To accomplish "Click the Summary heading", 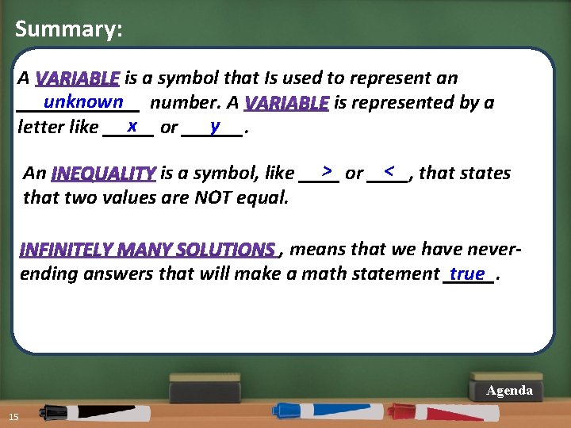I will pos(69,30).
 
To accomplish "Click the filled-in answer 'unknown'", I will pos(83,101).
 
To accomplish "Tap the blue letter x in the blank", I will pos(133,125).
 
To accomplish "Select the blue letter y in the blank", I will pos(215,125).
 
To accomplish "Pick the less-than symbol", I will pos(389,170).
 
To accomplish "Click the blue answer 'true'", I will pos(467,273).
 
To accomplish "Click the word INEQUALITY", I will pos(103,174).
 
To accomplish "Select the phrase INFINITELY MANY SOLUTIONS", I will pos(148,250).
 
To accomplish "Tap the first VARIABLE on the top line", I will pos(78,78).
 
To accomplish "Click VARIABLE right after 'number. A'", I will pos(286,103).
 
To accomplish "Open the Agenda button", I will pos(509,391).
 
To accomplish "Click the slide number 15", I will pos(13,418).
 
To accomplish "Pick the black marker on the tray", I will pos(87,412).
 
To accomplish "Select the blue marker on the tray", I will pos(317,411).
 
